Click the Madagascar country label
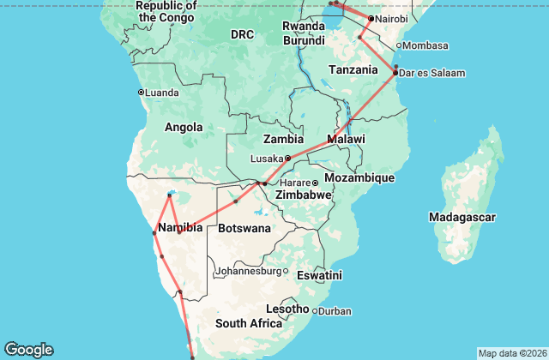(462, 218)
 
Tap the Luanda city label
(163, 92)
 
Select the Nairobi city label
(390, 19)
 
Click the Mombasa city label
(426, 45)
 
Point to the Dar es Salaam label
(433, 74)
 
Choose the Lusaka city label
(266, 159)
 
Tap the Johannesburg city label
(248, 271)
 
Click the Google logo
(28, 349)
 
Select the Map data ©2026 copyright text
(511, 353)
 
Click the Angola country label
(184, 128)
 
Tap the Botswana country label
(244, 228)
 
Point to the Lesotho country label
(287, 309)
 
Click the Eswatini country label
(319, 275)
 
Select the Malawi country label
(346, 139)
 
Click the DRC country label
(243, 34)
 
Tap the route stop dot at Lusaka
(288, 158)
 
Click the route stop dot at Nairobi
(371, 19)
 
